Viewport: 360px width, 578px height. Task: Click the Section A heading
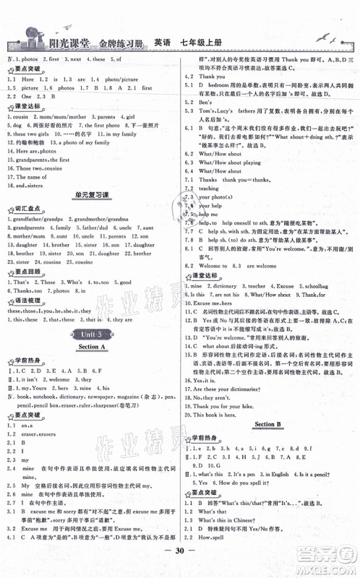tap(92, 348)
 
